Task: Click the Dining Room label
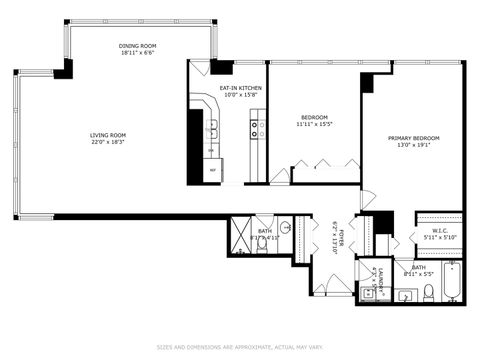coord(137,45)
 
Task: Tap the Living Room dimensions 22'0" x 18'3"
coord(108,142)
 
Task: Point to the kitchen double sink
coord(213,130)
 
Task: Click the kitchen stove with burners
coord(257,129)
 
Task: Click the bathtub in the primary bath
coord(452,283)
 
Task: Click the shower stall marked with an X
coord(242,238)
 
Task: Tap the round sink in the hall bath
coord(285,228)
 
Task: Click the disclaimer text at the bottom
coord(240,348)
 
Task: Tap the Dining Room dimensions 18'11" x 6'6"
coord(137,53)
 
